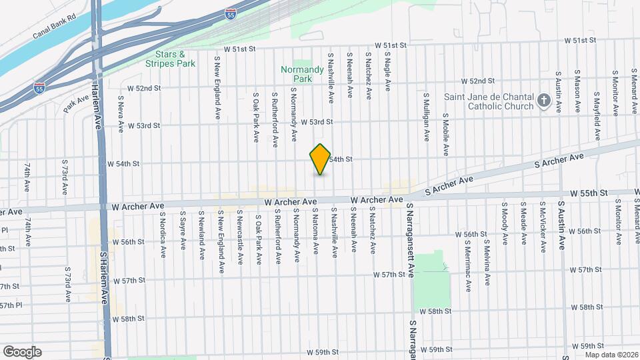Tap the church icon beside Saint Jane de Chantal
(x=543, y=101)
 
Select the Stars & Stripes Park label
(x=171, y=59)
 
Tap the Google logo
(x=22, y=351)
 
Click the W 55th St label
(x=590, y=193)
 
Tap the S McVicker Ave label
(x=543, y=227)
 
